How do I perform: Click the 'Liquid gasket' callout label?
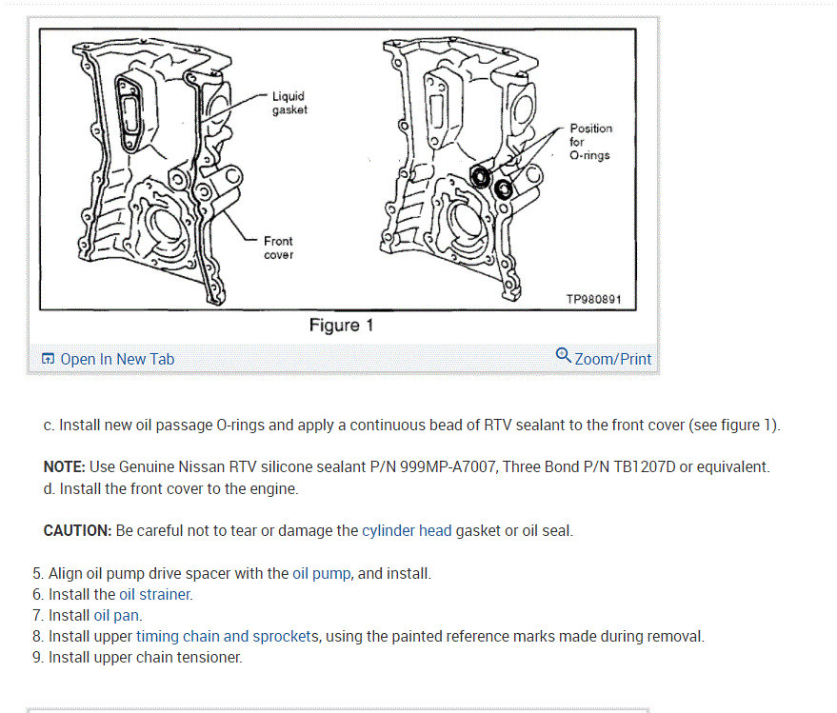click(289, 103)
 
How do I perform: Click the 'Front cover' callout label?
click(278, 248)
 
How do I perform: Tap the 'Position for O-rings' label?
click(590, 142)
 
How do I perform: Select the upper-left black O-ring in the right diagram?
click(483, 176)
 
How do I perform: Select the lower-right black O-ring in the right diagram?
click(503, 189)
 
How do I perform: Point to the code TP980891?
click(593, 299)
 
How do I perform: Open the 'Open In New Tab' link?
click(117, 359)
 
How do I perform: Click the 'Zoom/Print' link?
click(613, 359)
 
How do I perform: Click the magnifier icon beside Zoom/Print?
click(564, 356)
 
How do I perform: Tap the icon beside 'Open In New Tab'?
click(49, 359)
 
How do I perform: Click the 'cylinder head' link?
click(407, 530)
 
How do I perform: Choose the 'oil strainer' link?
click(155, 595)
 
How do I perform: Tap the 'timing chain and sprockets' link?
click(228, 637)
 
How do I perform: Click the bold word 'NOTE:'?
click(65, 467)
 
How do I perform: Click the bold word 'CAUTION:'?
click(78, 530)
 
